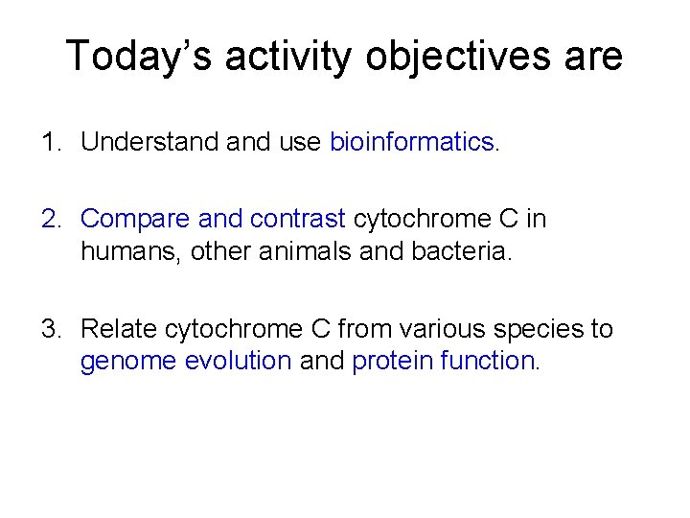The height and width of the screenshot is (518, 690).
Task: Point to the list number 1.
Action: (49, 143)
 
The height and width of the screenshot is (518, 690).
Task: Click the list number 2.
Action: (49, 219)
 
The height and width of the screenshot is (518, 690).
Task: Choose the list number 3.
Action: (49, 330)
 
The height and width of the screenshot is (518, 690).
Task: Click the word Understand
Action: (151, 143)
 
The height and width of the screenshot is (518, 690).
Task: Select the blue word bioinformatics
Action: (411, 143)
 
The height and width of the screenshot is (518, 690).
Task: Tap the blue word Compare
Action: (135, 219)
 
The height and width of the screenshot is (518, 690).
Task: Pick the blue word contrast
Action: (297, 219)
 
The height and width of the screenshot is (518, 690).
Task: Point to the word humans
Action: (119, 250)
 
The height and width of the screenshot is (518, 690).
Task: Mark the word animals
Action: (279, 250)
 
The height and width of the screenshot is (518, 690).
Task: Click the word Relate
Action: (119, 330)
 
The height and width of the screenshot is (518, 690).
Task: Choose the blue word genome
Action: (121, 362)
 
